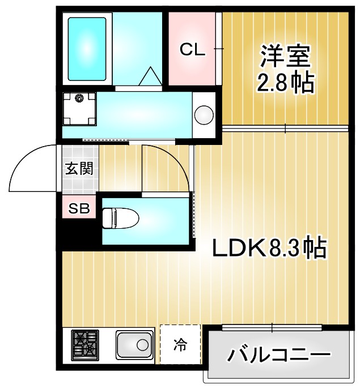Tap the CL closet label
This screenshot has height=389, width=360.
pyautogui.click(x=192, y=50)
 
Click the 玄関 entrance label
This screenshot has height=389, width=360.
pyautogui.click(x=79, y=169)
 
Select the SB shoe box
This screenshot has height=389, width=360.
pyautogui.click(x=79, y=208)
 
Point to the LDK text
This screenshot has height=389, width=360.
pyautogui.click(x=239, y=248)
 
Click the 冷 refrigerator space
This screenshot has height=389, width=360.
pyautogui.click(x=180, y=344)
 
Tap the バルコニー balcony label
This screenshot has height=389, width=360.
pyautogui.click(x=279, y=356)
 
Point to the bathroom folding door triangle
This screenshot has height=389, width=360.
pyautogui.click(x=151, y=76)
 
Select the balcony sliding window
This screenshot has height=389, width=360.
pyautogui.click(x=272, y=327)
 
